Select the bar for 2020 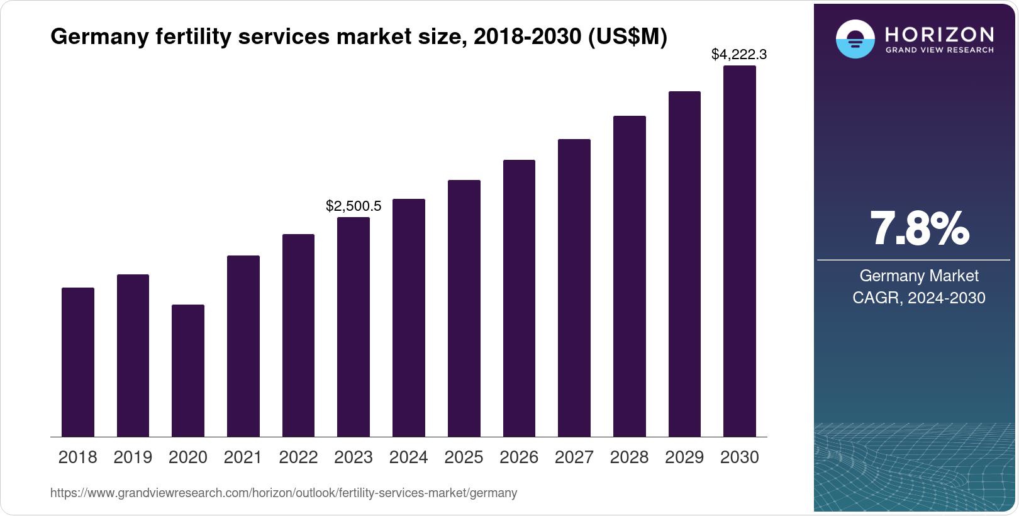(x=187, y=371)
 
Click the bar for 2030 (x=739, y=251)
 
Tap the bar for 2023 (x=353, y=327)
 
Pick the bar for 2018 (x=77, y=362)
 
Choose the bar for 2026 (x=519, y=298)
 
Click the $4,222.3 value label (x=738, y=55)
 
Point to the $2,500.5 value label (x=353, y=206)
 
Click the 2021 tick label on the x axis (x=243, y=457)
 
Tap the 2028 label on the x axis (x=629, y=457)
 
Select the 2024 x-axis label (x=408, y=457)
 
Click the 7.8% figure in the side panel (x=918, y=229)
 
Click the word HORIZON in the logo (x=939, y=34)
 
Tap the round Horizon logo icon (x=855, y=39)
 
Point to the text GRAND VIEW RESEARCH (x=939, y=50)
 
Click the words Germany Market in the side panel (x=918, y=276)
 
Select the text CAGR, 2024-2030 (x=918, y=298)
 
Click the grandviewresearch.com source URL (x=284, y=493)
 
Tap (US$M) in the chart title (x=627, y=36)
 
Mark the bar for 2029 (x=684, y=264)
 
